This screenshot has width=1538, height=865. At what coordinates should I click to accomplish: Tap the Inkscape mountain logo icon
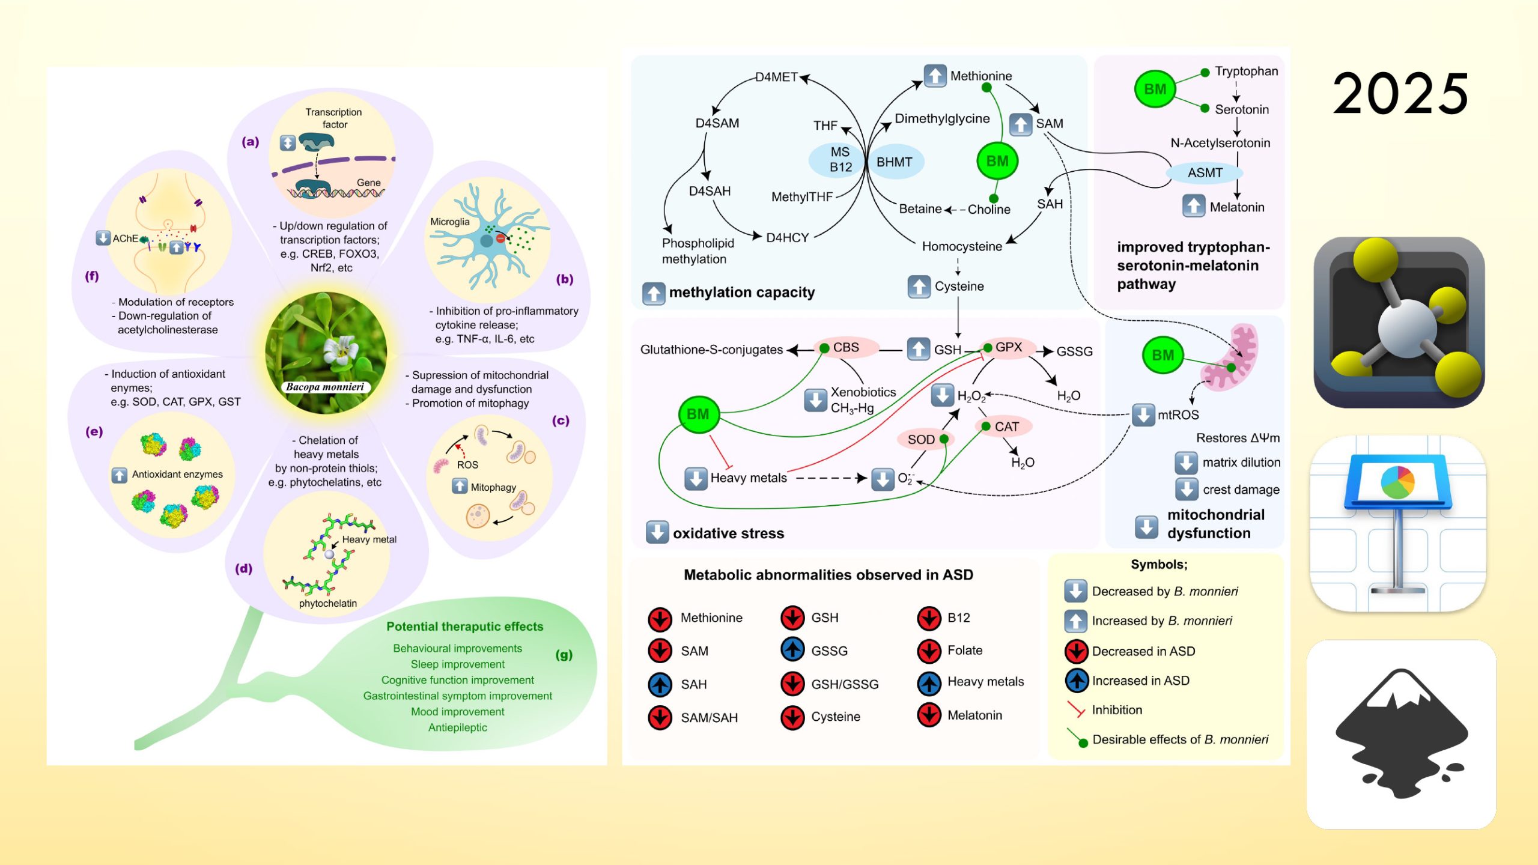[x=1401, y=734]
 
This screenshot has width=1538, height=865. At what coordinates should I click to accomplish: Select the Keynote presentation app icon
[x=1398, y=524]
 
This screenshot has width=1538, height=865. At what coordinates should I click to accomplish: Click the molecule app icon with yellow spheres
[x=1399, y=323]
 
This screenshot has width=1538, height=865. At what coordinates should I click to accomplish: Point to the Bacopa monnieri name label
[x=325, y=387]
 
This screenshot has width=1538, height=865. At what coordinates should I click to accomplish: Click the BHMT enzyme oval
[x=895, y=162]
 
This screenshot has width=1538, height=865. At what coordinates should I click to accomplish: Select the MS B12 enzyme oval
[x=839, y=160]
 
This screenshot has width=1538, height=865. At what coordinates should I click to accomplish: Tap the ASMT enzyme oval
[x=1205, y=173]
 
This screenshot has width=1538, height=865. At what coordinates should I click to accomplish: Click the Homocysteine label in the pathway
[x=962, y=246]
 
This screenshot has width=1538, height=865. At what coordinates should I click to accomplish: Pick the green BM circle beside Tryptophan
[x=1155, y=89]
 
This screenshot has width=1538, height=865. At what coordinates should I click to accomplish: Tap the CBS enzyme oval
[x=846, y=348]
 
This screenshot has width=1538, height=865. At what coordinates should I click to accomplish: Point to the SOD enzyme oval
[x=922, y=439]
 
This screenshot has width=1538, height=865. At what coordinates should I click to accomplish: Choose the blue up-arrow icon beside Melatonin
[x=1194, y=207]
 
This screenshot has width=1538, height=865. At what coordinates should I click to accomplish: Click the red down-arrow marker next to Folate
[x=929, y=651]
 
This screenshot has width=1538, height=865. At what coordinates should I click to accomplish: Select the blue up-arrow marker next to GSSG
[x=792, y=651]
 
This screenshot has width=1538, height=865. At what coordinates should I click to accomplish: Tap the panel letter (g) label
[x=564, y=655]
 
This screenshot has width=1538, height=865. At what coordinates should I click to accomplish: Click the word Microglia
[x=449, y=222]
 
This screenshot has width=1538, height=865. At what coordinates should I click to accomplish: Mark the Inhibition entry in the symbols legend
[x=1116, y=710]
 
